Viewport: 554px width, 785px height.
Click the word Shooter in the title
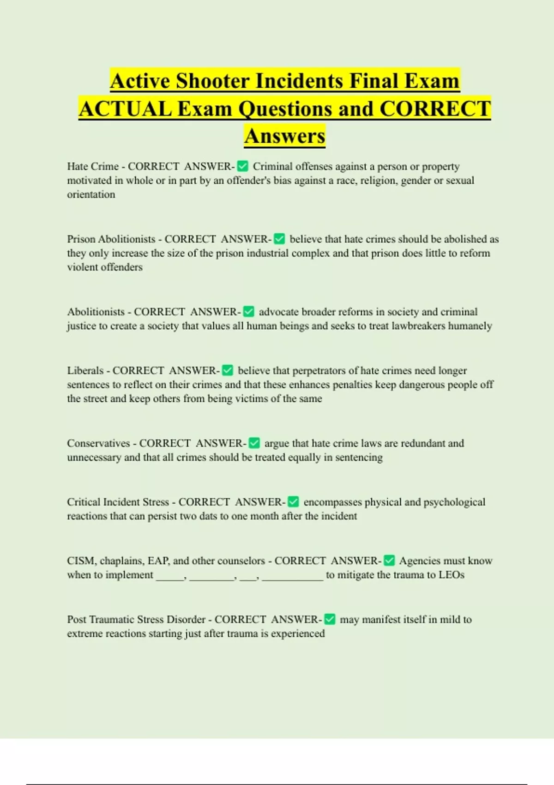[x=213, y=81]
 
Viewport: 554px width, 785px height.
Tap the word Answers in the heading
[x=285, y=136]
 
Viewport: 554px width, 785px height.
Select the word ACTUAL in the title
[x=125, y=109]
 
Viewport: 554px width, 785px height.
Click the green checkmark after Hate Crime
[x=242, y=166]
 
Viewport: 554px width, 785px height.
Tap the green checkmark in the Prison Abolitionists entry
[x=279, y=239]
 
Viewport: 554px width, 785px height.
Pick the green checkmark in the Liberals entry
[x=228, y=370]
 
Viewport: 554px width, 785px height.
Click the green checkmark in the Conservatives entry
[x=254, y=443]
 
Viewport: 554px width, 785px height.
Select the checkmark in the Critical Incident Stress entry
[x=293, y=502]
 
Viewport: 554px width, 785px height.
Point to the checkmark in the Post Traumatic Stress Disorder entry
[x=330, y=619]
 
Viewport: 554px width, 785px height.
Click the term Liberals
[x=85, y=370]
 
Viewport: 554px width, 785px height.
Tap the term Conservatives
[x=98, y=443]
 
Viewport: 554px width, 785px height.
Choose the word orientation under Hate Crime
[x=91, y=194]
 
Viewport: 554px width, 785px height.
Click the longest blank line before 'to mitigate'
[x=293, y=577]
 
